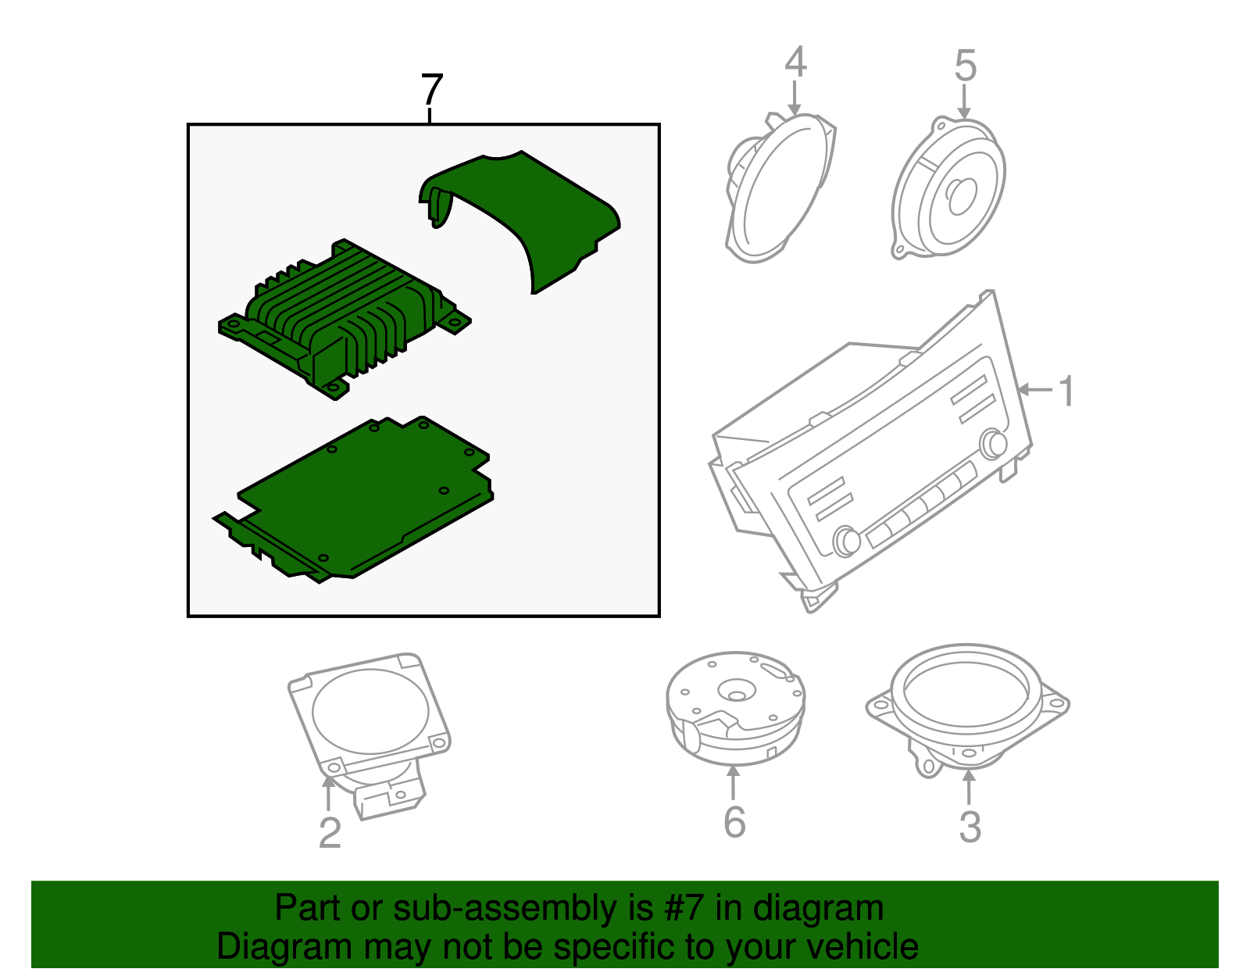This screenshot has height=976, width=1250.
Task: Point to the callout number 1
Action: tap(1066, 391)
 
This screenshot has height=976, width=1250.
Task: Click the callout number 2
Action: tap(330, 832)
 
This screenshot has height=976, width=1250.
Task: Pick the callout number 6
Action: tap(734, 822)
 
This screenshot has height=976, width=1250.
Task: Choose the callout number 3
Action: tap(970, 827)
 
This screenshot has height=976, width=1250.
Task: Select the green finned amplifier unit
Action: tap(345, 320)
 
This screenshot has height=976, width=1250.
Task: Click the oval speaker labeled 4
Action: tap(780, 187)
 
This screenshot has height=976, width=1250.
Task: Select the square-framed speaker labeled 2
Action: tap(370, 731)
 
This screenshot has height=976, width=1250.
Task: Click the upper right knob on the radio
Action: tap(994, 444)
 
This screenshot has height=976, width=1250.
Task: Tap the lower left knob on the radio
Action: tap(846, 542)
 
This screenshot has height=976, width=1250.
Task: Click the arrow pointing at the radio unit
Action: tap(1035, 390)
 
